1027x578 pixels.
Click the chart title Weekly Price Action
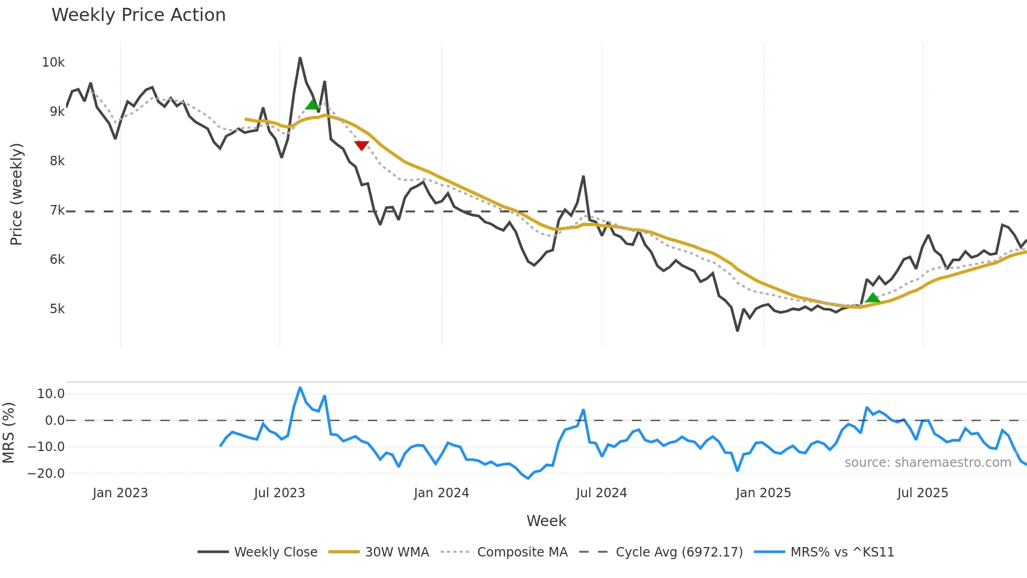138,15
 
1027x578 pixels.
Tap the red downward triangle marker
362,145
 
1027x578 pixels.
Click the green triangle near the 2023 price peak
312,105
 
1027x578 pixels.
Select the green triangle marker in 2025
872,298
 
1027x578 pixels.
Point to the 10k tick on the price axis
53,62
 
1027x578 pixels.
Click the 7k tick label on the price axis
57,210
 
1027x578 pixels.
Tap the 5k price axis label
57,309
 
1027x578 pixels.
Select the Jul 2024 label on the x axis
601,493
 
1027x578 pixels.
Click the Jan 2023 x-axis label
120,493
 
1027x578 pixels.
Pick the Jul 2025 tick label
922,493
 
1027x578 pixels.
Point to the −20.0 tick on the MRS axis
46,474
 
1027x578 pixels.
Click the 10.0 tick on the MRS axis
51,394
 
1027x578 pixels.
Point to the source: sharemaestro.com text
927,463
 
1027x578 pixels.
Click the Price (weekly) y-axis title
16,194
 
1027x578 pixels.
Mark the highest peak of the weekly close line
300,58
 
